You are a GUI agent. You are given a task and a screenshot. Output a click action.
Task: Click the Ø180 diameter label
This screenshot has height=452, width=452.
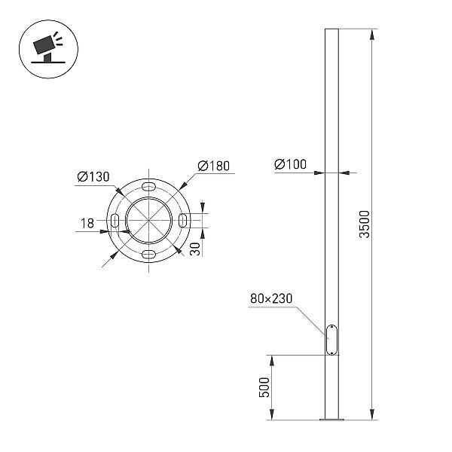[x=214, y=166]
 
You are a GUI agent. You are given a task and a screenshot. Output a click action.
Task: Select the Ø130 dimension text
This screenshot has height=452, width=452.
[x=93, y=177]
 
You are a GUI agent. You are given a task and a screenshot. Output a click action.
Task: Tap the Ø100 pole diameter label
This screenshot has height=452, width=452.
[x=290, y=164]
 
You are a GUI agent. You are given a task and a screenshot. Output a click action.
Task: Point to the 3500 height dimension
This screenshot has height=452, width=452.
[x=365, y=224]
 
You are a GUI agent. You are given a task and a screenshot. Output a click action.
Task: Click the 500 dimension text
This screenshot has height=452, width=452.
[x=264, y=387]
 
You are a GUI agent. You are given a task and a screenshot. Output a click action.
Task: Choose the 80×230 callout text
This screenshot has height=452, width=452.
[x=271, y=298]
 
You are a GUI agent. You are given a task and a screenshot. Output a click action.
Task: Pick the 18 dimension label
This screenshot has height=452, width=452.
[x=87, y=224]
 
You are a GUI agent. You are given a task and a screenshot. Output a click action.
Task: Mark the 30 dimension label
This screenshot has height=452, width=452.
[x=195, y=249]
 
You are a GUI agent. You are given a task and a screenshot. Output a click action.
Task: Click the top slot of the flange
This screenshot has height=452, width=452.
[x=148, y=186]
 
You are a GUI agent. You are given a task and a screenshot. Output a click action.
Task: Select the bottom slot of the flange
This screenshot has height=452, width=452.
[x=148, y=255]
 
